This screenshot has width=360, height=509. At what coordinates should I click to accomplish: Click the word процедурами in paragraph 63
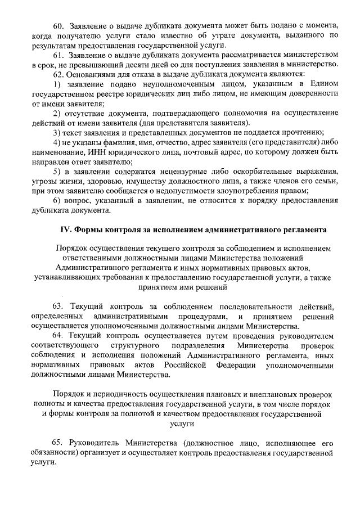pyautogui.click(x=195, y=316)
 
